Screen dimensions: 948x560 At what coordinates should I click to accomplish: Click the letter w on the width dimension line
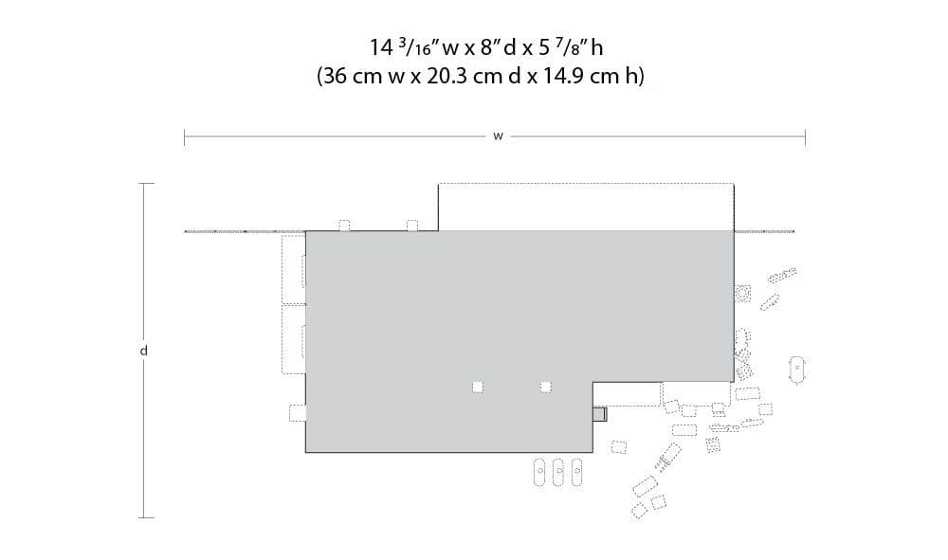point(498,136)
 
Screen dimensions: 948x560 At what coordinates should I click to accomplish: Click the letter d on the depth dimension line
point(144,351)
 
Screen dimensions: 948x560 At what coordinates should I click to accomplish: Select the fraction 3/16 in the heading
point(414,47)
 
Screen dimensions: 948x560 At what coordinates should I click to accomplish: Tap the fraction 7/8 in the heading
point(569,47)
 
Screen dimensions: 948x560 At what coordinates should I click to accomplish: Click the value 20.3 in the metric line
point(447,76)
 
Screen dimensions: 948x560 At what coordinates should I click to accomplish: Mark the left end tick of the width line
point(185,137)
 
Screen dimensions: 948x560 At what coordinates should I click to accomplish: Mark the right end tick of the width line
point(805,137)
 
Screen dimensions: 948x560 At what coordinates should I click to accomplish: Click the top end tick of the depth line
point(145,183)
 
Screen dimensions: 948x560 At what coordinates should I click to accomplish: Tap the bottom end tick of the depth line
point(145,517)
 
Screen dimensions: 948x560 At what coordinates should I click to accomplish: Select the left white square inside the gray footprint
point(478,387)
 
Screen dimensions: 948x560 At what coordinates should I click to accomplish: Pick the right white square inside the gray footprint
point(545,387)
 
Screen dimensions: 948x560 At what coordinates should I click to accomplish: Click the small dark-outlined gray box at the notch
point(600,414)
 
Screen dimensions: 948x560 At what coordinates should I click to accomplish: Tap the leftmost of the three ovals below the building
point(539,472)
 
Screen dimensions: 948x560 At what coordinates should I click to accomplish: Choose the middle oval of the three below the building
point(558,472)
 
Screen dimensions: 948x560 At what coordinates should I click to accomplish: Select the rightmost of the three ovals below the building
point(576,472)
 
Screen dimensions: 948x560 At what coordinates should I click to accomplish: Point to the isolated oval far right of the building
point(797,370)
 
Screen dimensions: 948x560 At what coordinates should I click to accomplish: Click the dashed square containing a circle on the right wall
point(742,294)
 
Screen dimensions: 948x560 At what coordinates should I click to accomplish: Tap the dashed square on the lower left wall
point(298,413)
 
